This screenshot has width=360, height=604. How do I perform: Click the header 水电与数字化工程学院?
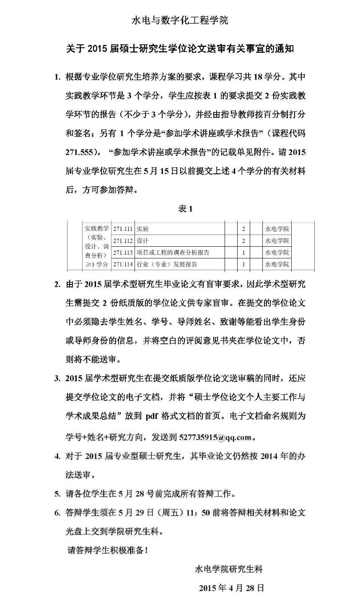point(180,20)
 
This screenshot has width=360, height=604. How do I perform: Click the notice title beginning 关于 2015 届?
point(180,49)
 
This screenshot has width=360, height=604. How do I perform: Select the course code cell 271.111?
point(123,229)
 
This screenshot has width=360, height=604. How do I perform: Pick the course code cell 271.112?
point(123,241)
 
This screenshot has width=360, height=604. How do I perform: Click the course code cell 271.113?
point(123,253)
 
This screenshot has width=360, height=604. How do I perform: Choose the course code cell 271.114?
point(123,264)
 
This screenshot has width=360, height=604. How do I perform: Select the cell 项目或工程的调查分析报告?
point(173,253)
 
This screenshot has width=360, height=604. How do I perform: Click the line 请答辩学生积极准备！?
point(108,550)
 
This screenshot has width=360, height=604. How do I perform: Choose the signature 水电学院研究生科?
point(229,569)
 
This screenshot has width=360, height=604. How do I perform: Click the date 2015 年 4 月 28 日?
point(231,588)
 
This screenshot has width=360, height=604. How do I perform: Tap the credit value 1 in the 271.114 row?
point(243,264)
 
